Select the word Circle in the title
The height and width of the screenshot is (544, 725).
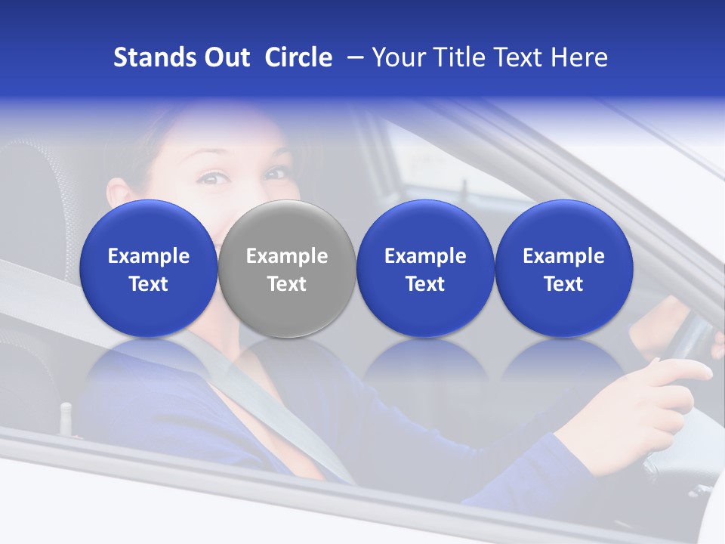[x=298, y=57]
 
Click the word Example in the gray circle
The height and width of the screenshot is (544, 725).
[x=287, y=256]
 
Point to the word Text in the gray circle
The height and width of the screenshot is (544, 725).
[x=287, y=284]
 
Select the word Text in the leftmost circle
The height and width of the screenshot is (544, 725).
[x=149, y=284]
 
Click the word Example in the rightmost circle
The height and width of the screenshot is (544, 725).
[x=563, y=256]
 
